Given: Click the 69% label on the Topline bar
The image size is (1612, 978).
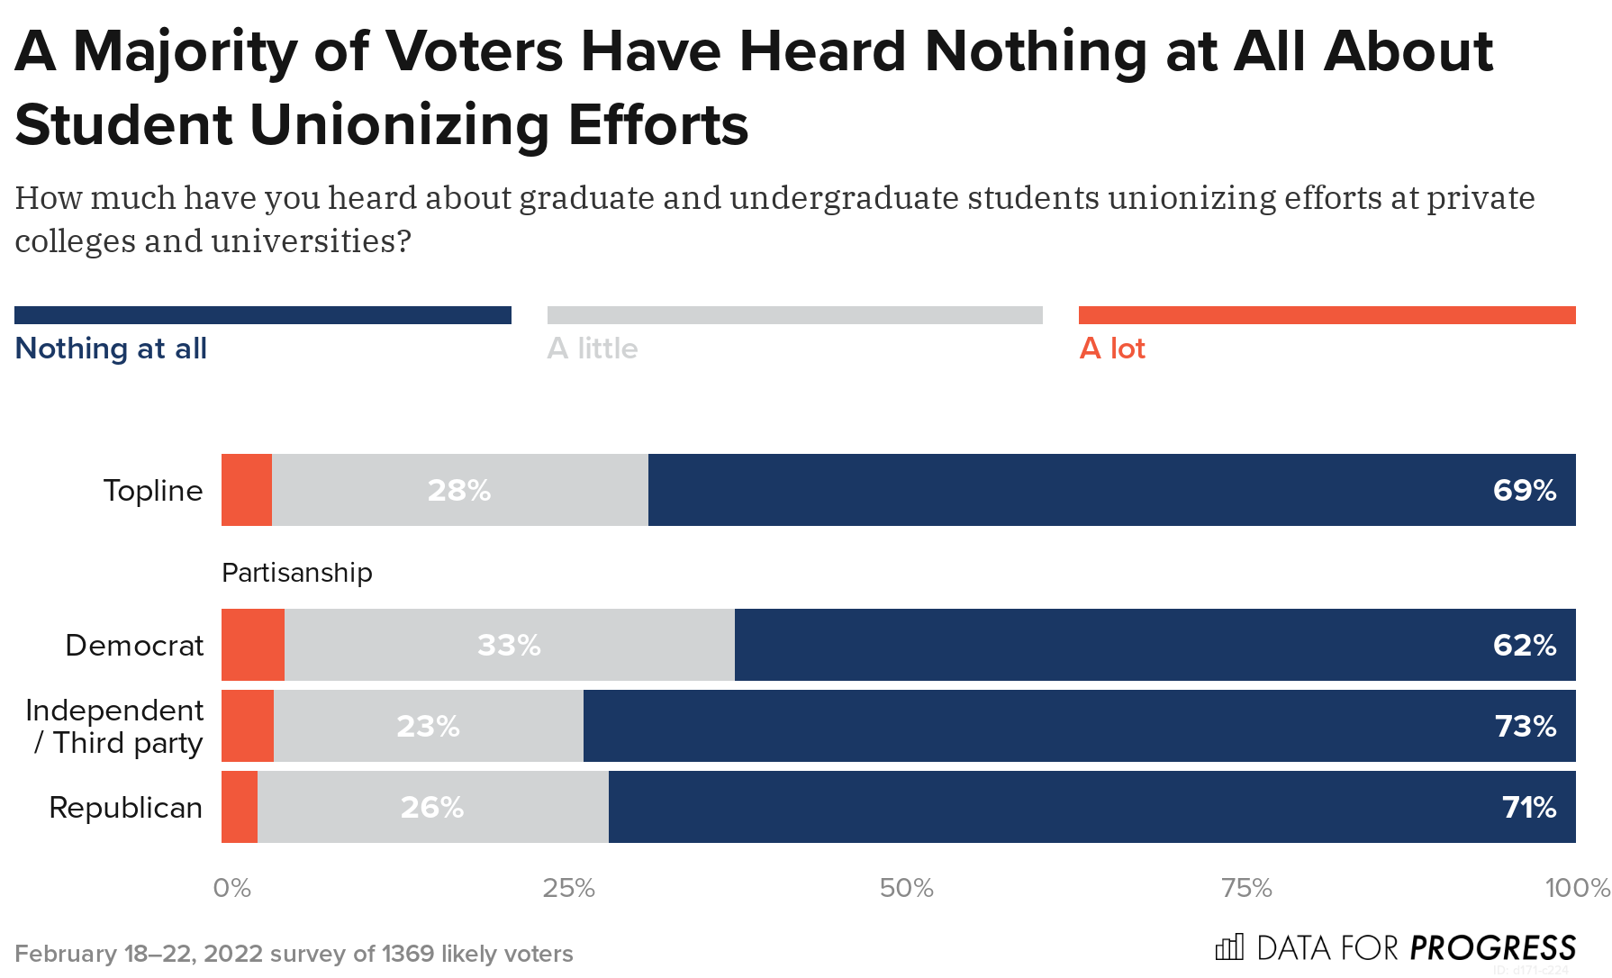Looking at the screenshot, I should click(1524, 490).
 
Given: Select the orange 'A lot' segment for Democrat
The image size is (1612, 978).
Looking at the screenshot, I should click(253, 645).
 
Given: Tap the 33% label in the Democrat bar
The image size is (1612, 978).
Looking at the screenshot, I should click(509, 645).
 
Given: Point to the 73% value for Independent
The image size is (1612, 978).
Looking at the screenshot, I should click(1525, 726).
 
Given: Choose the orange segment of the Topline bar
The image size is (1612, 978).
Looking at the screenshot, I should click(247, 490).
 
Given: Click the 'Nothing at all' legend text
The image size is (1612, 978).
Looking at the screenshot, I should click(111, 349).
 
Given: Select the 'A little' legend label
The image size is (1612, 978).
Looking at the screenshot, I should click(592, 349).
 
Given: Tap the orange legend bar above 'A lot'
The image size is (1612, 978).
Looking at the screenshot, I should click(1327, 315).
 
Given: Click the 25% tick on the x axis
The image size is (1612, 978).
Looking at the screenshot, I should click(568, 889).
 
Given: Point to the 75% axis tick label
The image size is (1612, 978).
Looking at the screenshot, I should click(1246, 889).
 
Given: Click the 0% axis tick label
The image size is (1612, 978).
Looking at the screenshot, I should click(231, 889).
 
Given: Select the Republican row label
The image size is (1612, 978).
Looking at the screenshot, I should click(125, 808).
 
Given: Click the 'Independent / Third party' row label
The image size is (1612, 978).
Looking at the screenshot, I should click(115, 726).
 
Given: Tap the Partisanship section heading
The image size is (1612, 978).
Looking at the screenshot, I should click(296, 573).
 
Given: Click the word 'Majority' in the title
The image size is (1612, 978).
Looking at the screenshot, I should click(185, 51).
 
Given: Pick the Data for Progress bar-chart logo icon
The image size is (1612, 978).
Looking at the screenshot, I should click(1229, 947).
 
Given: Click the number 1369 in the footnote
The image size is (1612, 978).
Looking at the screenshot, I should click(407, 954).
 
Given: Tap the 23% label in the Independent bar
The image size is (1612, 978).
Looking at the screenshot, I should click(428, 726).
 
